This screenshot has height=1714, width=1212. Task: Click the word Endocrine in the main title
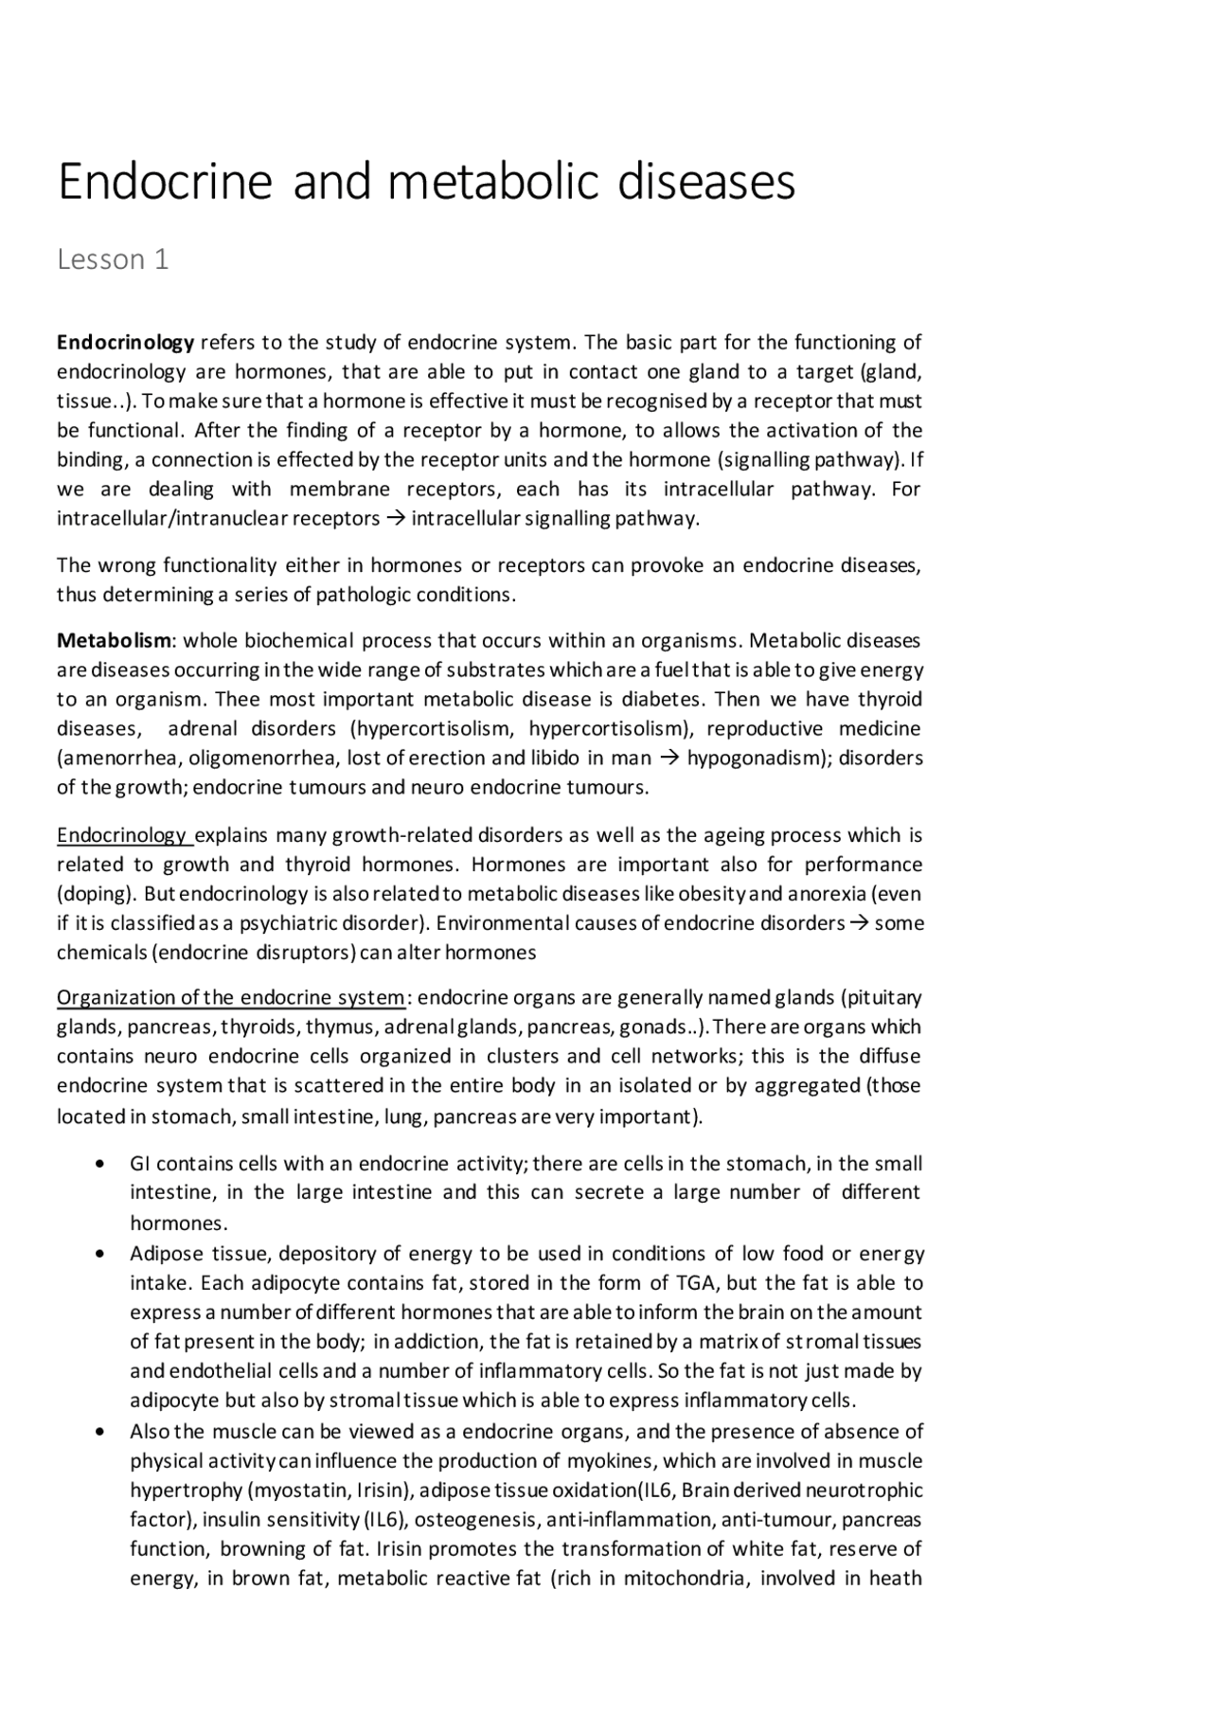coord(164,181)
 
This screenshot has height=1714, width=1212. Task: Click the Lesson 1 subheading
coord(113,259)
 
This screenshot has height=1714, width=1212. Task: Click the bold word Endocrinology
coord(125,342)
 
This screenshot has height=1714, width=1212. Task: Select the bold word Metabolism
coord(115,640)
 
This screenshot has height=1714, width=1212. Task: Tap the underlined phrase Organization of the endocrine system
coord(231,998)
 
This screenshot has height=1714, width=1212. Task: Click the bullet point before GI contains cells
coord(100,1164)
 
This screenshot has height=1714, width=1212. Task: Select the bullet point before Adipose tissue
coord(100,1254)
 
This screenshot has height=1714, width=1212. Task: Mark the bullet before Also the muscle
coord(100,1431)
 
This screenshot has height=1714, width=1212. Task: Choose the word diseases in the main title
coord(706,181)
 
